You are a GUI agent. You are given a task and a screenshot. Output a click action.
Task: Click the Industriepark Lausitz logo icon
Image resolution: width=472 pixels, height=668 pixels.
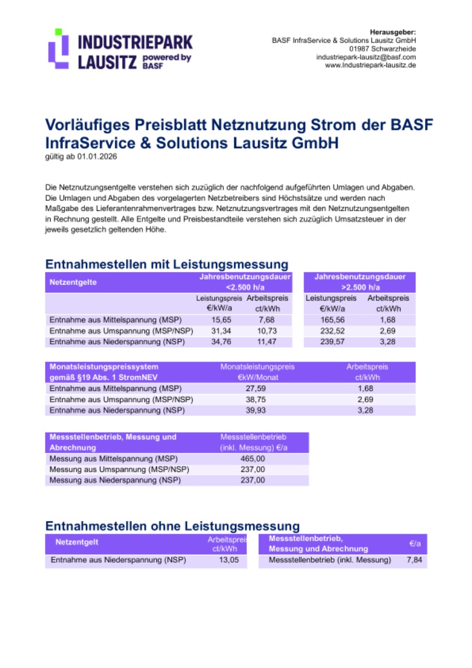point(58,49)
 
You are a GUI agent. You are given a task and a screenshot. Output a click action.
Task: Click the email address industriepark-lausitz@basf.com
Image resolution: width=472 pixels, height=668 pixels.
point(366,57)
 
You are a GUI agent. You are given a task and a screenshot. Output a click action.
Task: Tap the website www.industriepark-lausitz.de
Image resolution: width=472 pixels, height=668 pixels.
point(370,65)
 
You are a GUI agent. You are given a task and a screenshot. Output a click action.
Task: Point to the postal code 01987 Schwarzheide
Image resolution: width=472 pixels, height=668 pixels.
point(383,49)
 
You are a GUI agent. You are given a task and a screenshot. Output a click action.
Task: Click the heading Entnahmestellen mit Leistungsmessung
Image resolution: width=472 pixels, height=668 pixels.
point(167,264)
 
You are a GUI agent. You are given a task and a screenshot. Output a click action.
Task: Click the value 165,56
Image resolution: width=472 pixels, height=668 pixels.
point(331,320)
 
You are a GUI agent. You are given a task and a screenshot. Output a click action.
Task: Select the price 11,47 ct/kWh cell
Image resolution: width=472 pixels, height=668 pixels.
point(267,342)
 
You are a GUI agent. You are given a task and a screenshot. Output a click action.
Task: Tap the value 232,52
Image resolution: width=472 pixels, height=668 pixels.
point(331,331)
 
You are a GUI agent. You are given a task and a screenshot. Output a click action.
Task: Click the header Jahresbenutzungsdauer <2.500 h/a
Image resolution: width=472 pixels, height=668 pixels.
point(244,282)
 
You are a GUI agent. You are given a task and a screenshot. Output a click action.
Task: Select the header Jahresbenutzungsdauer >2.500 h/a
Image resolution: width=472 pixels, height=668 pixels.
point(360,282)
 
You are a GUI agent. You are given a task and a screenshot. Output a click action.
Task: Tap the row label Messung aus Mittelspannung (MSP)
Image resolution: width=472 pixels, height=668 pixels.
point(113,459)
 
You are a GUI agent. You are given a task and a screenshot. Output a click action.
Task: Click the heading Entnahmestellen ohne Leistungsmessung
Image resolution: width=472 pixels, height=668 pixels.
point(173,525)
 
